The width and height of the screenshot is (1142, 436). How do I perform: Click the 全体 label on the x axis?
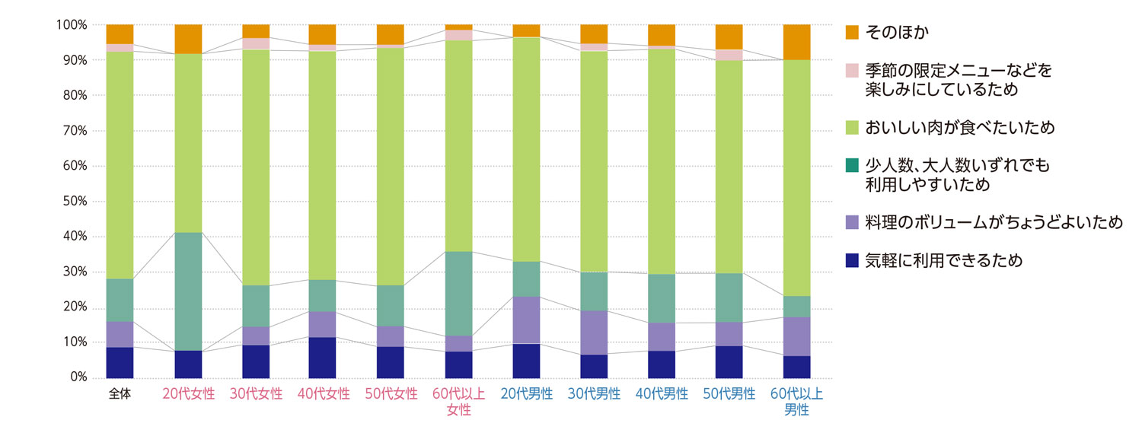(x=120, y=394)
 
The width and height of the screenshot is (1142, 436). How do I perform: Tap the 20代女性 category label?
(x=188, y=394)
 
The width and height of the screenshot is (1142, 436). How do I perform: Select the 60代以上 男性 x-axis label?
(x=796, y=402)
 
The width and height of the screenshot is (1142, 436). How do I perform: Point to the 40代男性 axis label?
(x=662, y=394)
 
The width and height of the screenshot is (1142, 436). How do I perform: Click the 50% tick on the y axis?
(x=72, y=202)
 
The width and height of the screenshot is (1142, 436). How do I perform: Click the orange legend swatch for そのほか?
(x=852, y=32)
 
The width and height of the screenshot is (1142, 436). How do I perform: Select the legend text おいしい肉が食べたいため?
(x=959, y=128)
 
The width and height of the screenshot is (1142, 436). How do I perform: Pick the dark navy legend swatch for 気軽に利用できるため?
(x=852, y=260)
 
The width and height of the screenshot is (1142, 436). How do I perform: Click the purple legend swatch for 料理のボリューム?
(x=852, y=222)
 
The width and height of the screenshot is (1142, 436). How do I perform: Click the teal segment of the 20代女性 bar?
(x=188, y=291)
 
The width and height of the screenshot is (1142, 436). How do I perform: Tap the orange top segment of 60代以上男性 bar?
(x=796, y=42)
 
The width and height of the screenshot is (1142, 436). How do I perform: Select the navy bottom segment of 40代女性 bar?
(x=322, y=358)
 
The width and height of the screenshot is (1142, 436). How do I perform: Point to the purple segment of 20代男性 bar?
(x=526, y=320)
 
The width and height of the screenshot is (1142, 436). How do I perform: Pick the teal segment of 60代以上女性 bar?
(x=458, y=293)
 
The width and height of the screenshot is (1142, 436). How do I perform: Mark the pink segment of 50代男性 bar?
(x=729, y=55)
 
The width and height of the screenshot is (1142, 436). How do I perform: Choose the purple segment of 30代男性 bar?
(x=594, y=333)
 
